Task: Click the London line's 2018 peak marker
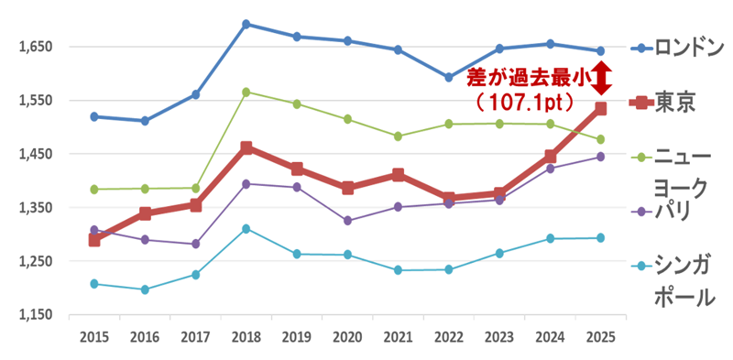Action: [x=246, y=24]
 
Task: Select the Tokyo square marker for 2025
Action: [x=601, y=109]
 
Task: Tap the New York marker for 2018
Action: [x=246, y=92]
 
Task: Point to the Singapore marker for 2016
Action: [x=145, y=289]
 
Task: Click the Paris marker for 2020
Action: [x=347, y=221]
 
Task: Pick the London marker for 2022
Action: [x=448, y=78]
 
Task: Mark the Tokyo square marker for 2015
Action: [x=94, y=240]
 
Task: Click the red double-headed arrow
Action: [x=601, y=79]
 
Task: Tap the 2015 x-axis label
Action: [x=94, y=337]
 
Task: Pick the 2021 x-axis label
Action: [x=398, y=337]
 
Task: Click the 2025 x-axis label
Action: [x=601, y=337]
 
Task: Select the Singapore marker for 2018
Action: [x=246, y=228]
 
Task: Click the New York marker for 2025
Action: [x=601, y=139]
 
